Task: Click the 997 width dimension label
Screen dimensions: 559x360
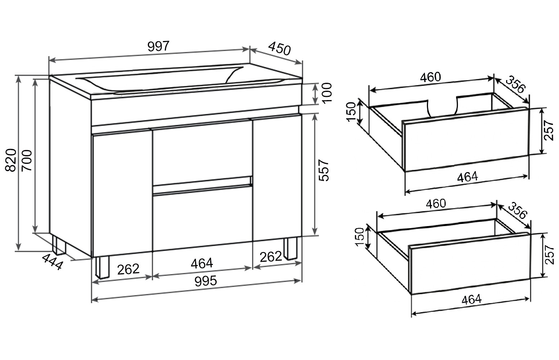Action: (x=158, y=46)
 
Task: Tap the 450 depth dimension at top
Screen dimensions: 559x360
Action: (x=279, y=49)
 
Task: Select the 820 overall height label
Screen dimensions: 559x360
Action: (x=11, y=160)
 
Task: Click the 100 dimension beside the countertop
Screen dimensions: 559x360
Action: (x=327, y=93)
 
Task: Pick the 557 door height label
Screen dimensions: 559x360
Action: (x=324, y=170)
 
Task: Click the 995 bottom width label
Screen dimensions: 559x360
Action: (x=206, y=281)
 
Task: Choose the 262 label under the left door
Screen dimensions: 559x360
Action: (x=128, y=269)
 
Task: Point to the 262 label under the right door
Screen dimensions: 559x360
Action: (x=271, y=257)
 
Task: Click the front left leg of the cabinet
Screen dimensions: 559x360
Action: (x=102, y=267)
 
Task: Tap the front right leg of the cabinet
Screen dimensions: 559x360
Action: (x=291, y=248)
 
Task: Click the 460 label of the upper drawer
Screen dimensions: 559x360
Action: (x=430, y=77)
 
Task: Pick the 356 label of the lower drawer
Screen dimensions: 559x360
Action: (x=518, y=211)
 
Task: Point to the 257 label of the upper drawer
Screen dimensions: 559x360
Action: (x=548, y=130)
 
